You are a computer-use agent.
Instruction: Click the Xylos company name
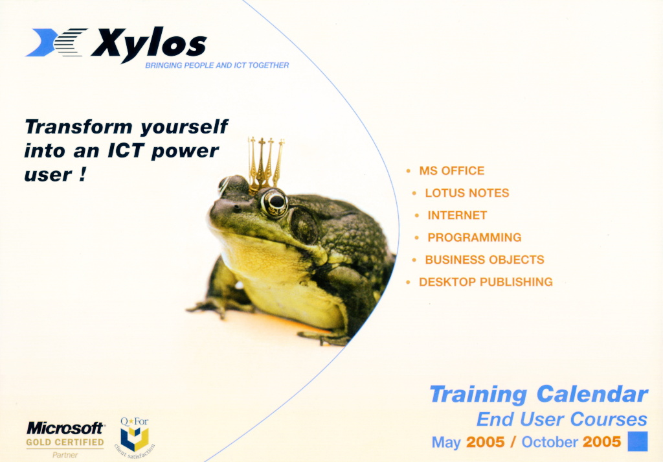click(x=148, y=44)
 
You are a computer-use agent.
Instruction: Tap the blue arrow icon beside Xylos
click(x=41, y=42)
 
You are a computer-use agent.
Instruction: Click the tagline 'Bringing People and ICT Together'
click(x=217, y=65)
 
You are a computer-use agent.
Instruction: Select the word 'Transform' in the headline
click(x=78, y=126)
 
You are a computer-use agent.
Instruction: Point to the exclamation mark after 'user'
click(x=82, y=174)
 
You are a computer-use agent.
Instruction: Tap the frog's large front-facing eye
click(x=275, y=202)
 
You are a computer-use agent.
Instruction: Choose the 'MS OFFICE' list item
click(x=451, y=171)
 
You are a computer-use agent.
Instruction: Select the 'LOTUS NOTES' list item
click(x=467, y=193)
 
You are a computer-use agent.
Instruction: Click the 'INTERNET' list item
click(x=457, y=215)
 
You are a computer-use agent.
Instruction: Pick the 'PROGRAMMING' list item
click(x=475, y=238)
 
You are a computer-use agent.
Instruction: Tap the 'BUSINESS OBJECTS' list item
click(x=484, y=260)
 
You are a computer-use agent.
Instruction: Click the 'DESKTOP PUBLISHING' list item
click(x=486, y=283)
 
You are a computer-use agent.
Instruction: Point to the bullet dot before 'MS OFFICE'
click(x=408, y=171)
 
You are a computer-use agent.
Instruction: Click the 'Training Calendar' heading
click(x=539, y=395)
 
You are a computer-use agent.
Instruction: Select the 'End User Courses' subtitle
click(x=561, y=419)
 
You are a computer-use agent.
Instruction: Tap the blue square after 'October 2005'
click(x=638, y=441)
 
